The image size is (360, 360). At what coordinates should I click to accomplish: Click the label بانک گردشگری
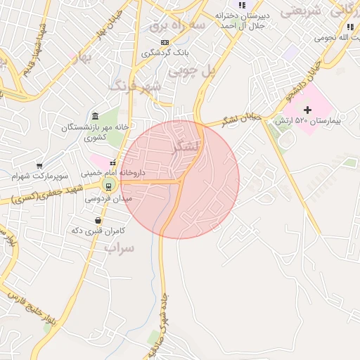[x=160, y=53]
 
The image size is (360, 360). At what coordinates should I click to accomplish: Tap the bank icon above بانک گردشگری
[x=165, y=43]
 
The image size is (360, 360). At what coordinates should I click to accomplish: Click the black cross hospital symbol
[x=307, y=110]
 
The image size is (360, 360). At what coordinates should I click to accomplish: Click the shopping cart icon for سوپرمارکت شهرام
[x=39, y=166]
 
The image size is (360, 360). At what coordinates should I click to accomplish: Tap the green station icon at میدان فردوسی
[x=108, y=186]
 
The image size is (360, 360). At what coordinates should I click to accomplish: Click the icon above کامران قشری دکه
[x=98, y=221]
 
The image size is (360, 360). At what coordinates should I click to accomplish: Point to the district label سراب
[x=119, y=249]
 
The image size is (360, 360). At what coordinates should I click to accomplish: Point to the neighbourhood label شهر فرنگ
[x=135, y=86]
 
